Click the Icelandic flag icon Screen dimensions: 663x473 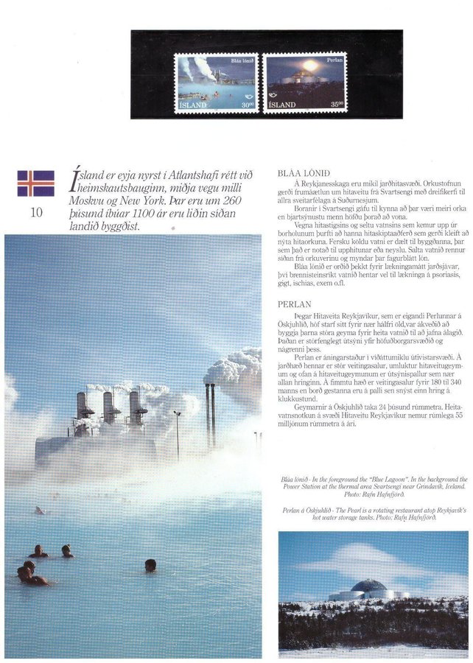[x=35, y=183]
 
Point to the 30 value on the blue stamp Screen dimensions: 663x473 [x=247, y=105]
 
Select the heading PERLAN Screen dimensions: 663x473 [x=295, y=304]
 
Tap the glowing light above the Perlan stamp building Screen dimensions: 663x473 [x=309, y=66]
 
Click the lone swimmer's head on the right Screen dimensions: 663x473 [x=150, y=564]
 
